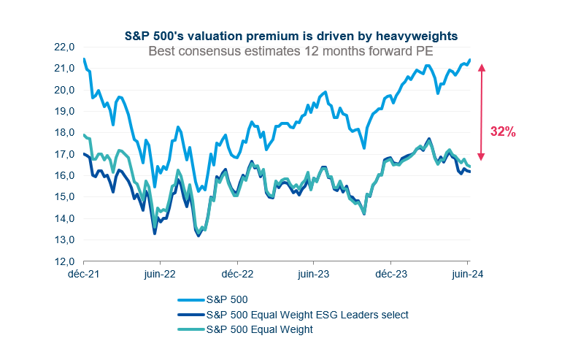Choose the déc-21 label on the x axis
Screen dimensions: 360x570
(x=83, y=275)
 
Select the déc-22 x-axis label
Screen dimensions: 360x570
(x=236, y=275)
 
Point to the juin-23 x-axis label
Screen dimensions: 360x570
(x=313, y=275)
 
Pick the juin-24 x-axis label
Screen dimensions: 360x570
(x=467, y=275)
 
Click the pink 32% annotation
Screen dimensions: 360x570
(x=503, y=132)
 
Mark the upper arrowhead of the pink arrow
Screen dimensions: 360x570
(x=482, y=68)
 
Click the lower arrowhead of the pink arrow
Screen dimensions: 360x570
(x=482, y=157)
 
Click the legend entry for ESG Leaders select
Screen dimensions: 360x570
(x=307, y=315)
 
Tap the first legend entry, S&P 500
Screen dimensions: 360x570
(x=228, y=300)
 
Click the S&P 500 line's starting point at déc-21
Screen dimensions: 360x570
(x=84, y=59)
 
